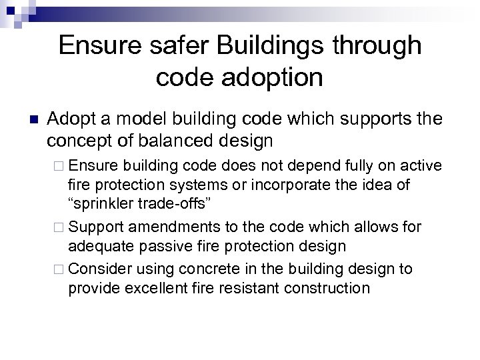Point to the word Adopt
click(x=71, y=120)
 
